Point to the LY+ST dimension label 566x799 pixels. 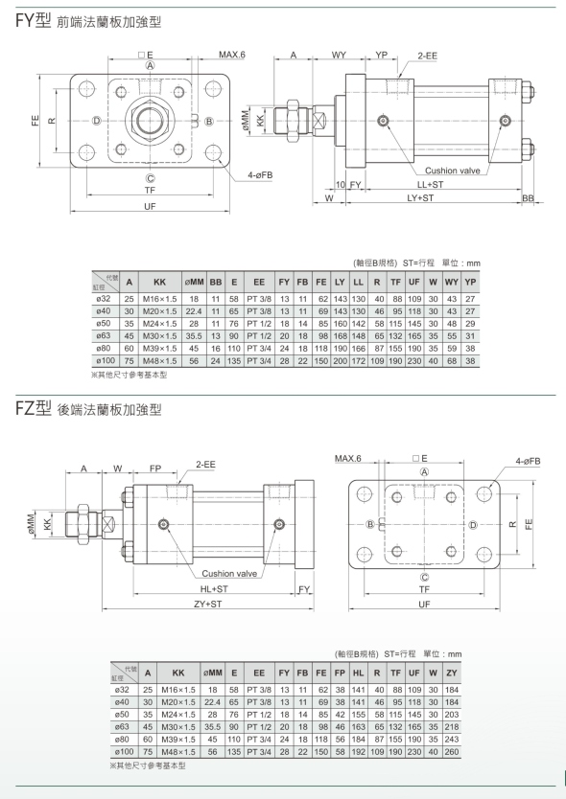click(420, 197)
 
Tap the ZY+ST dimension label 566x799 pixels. click(208, 604)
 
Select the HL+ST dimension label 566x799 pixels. click(214, 589)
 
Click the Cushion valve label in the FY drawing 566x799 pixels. click(452, 171)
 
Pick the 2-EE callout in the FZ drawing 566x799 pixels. click(205, 465)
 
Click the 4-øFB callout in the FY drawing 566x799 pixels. click(260, 175)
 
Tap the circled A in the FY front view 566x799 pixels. click(150, 65)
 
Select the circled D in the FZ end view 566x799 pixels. click(473, 525)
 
